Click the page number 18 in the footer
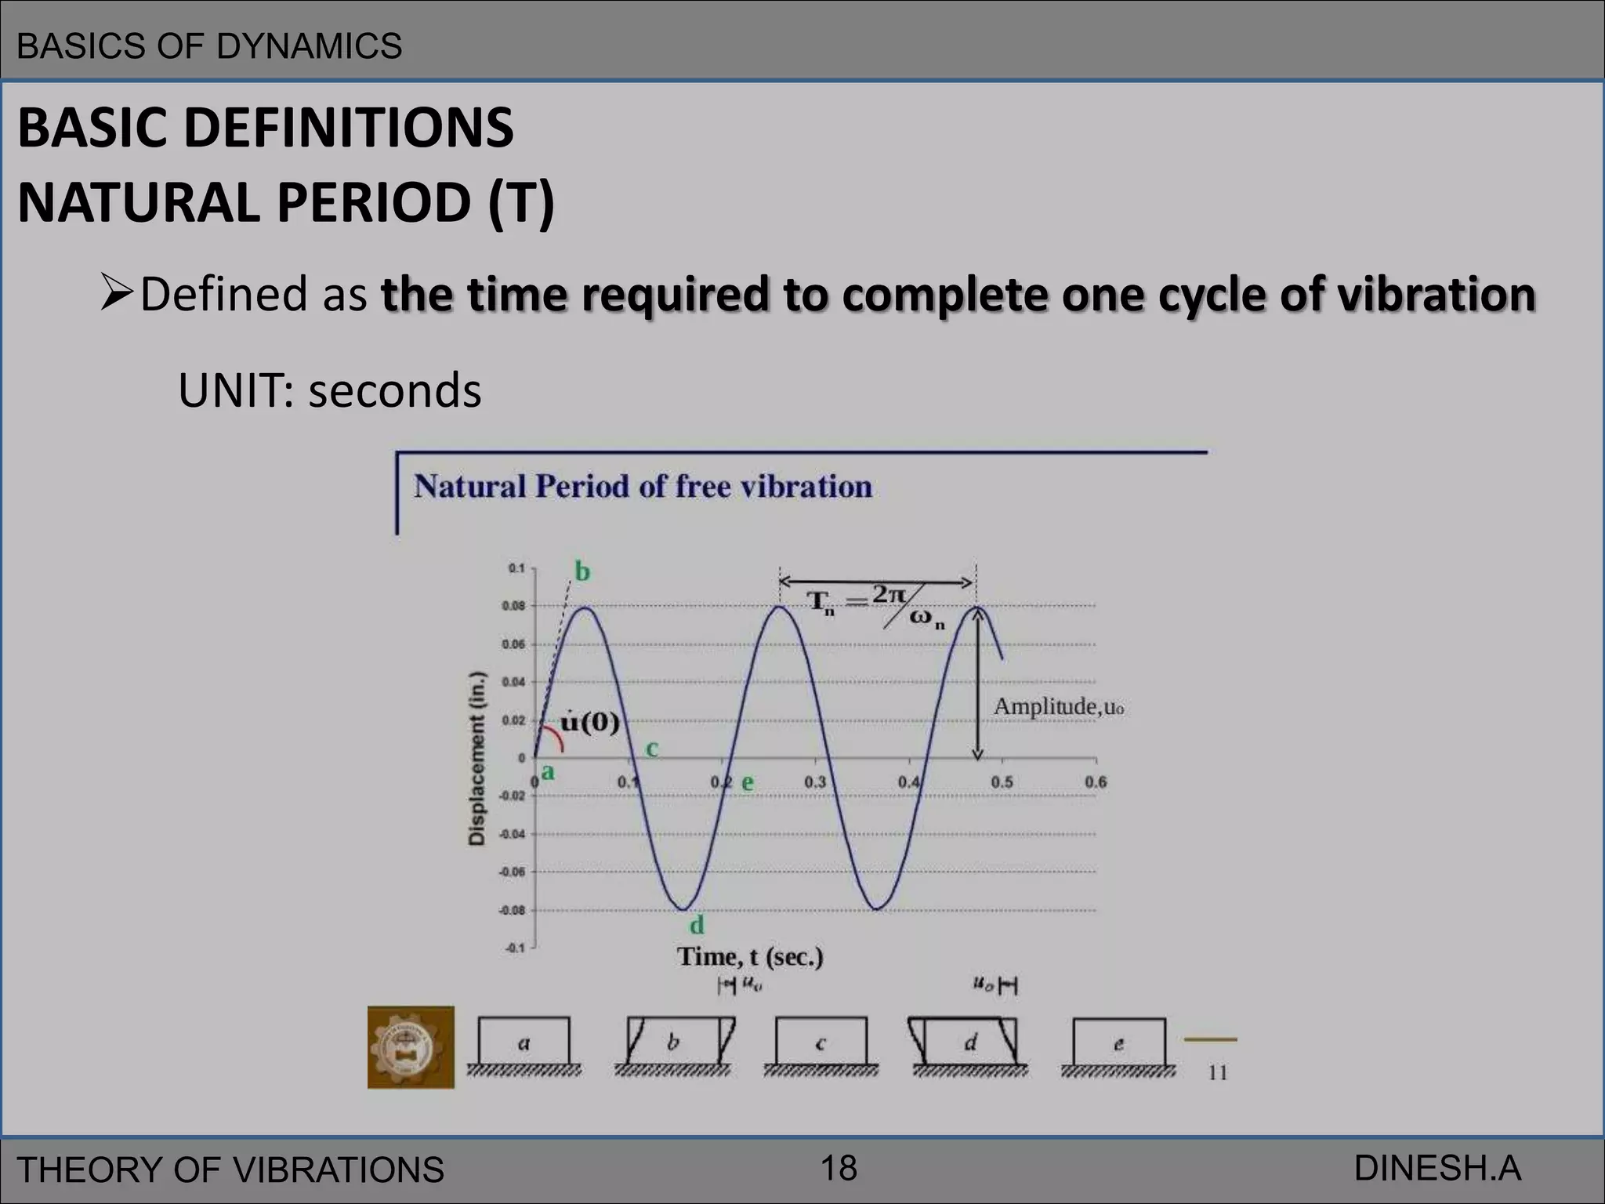click(839, 1169)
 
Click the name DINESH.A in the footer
click(1437, 1169)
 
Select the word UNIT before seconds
click(232, 391)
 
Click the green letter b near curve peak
click(582, 571)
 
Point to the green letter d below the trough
click(697, 926)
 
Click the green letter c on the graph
click(651, 749)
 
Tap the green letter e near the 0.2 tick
click(748, 782)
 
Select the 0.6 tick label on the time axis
click(1095, 782)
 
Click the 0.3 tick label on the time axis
click(815, 782)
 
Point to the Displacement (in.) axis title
click(476, 758)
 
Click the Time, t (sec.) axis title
click(750, 957)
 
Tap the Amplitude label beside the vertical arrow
click(1058, 707)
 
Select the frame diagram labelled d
click(969, 1043)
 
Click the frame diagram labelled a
click(524, 1043)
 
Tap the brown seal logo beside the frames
click(411, 1047)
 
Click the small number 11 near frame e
click(1217, 1072)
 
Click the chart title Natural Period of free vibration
click(643, 487)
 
